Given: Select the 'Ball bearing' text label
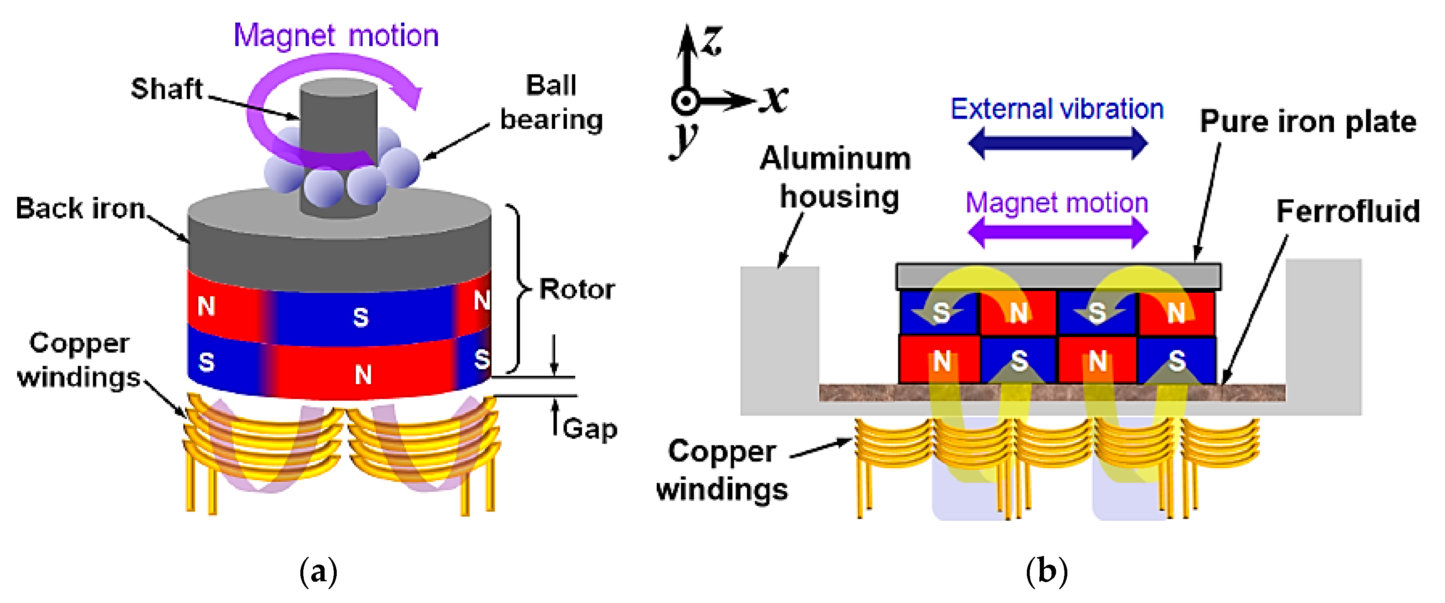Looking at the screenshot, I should [551, 103].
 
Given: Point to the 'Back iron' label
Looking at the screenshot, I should [80, 209].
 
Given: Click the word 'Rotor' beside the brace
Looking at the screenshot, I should [576, 290].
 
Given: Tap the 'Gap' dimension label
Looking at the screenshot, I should [589, 429].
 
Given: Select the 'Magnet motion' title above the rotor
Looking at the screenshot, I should [336, 36].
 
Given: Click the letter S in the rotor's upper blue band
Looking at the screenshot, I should [361, 317].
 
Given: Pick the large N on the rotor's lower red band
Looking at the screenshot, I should [363, 374].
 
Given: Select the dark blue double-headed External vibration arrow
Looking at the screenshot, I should [1057, 143].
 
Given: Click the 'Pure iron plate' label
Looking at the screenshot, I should [1308, 122].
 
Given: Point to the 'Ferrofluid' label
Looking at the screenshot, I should [1347, 211].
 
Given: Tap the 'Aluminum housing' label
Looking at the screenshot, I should [836, 177].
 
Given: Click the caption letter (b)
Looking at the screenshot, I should [1046, 572].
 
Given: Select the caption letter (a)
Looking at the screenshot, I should [319, 572].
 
